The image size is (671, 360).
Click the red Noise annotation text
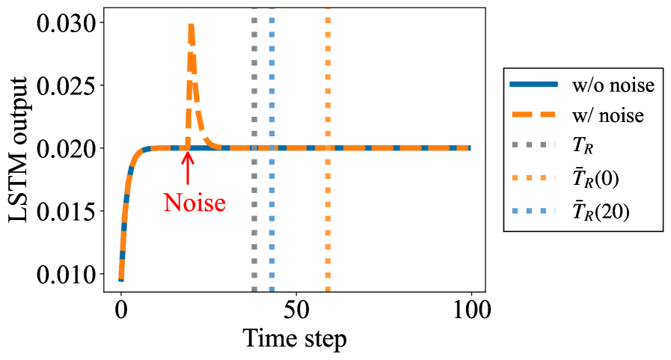point(194,202)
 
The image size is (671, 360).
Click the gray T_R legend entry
point(580,148)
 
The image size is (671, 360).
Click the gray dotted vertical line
point(254,225)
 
